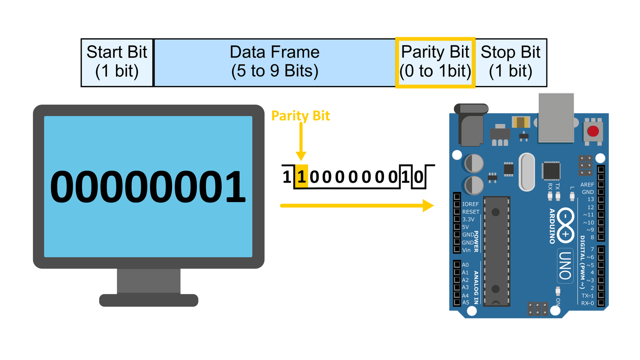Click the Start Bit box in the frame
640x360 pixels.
(x=117, y=62)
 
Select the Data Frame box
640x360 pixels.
(x=274, y=62)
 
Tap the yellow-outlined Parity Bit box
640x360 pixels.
(x=435, y=62)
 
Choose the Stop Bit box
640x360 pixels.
(x=511, y=62)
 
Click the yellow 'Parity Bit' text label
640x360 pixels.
(x=300, y=116)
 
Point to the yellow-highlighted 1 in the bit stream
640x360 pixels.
(x=302, y=176)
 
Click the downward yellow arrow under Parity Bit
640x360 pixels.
(x=301, y=142)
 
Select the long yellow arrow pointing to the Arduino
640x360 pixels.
(x=357, y=206)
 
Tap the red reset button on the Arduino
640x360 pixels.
(x=593, y=131)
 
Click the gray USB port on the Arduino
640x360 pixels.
(x=556, y=118)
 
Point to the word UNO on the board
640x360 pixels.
(x=565, y=266)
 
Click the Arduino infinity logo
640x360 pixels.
(x=566, y=226)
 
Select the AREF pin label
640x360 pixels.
(x=587, y=184)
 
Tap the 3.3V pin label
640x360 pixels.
(x=468, y=220)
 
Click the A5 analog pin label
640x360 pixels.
(x=466, y=302)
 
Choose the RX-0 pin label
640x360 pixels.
(x=587, y=303)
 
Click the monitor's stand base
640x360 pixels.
(x=148, y=300)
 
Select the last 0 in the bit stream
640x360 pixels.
(x=418, y=177)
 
